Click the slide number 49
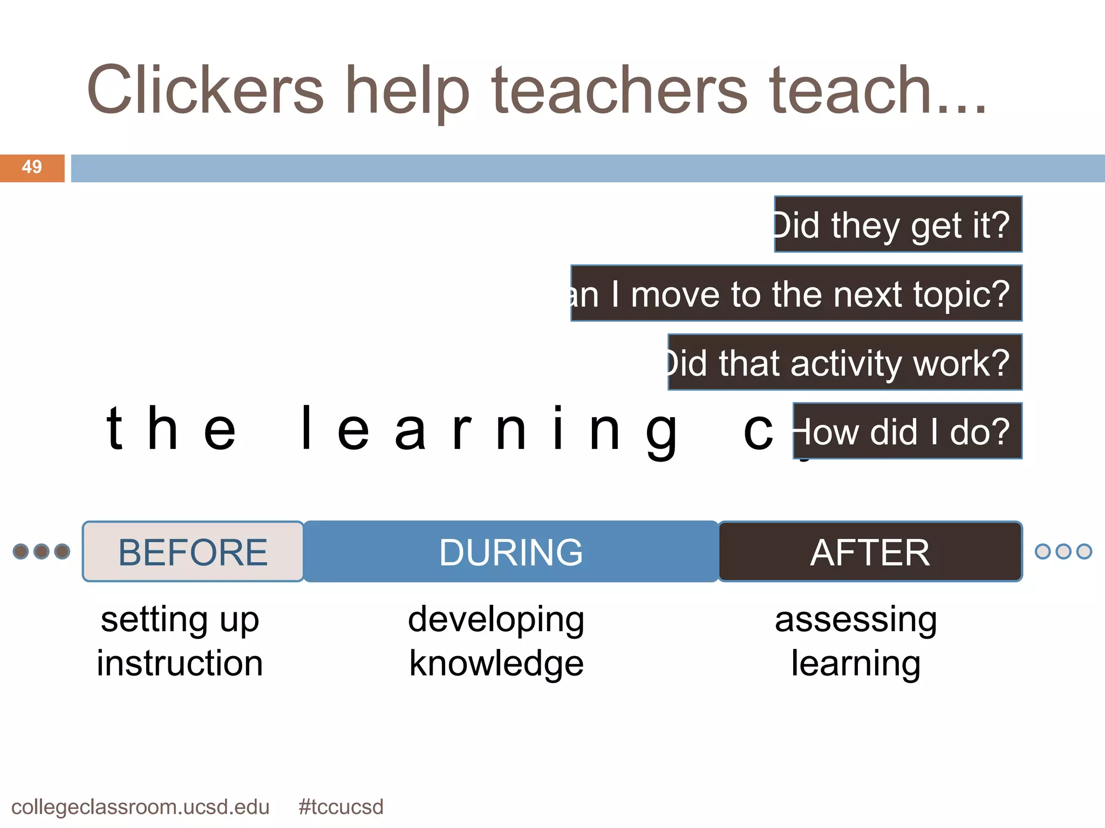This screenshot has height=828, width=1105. pyautogui.click(x=32, y=167)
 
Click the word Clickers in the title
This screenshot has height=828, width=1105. pyautogui.click(x=205, y=90)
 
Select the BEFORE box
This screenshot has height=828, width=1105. pyautogui.click(x=193, y=552)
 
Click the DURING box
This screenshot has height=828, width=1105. pyautogui.click(x=510, y=552)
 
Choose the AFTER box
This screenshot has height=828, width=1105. pyautogui.click(x=870, y=552)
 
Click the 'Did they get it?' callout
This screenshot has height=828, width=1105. pyautogui.click(x=898, y=224)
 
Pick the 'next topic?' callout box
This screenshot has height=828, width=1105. pyautogui.click(x=796, y=294)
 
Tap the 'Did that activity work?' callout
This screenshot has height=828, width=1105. pyautogui.click(x=845, y=363)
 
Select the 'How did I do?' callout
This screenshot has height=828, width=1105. pyautogui.click(x=908, y=431)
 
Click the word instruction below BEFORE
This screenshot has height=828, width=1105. pyautogui.click(x=180, y=663)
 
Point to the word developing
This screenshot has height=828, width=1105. pyautogui.click(x=496, y=620)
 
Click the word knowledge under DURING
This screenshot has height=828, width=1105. pyautogui.click(x=496, y=663)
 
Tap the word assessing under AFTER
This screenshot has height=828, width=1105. pyautogui.click(x=856, y=620)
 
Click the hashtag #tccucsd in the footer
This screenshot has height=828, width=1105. pyautogui.click(x=340, y=807)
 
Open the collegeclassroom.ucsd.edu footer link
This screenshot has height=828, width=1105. pyautogui.click(x=140, y=807)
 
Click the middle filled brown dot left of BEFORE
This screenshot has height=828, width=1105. pyautogui.click(x=42, y=551)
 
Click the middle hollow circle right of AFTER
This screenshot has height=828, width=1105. pyautogui.click(x=1063, y=551)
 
